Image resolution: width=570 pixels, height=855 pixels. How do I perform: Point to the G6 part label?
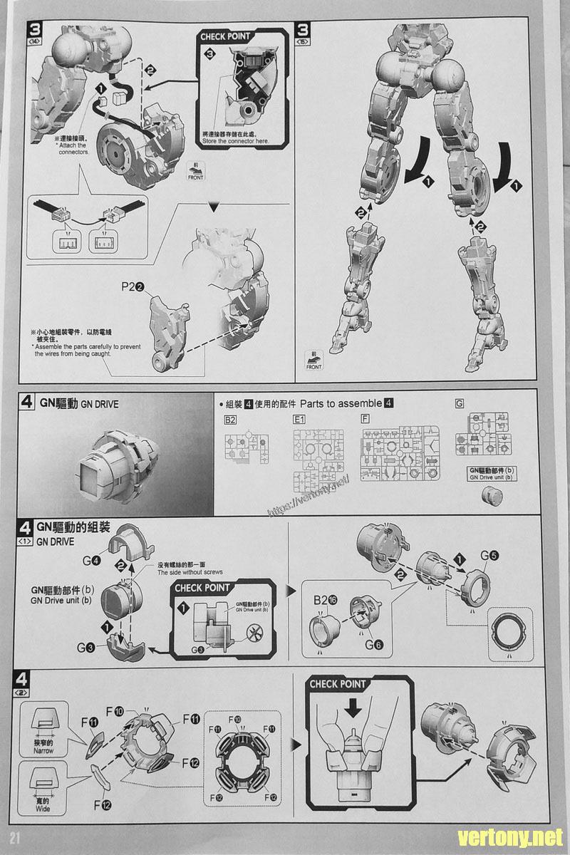[x=373, y=645]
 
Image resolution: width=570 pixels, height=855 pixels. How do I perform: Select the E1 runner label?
[x=299, y=420]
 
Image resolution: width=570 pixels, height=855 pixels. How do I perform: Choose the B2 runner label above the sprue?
[x=230, y=420]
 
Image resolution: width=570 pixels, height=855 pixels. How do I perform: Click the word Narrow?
[x=43, y=750]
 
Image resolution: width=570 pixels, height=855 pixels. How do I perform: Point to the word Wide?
[x=43, y=808]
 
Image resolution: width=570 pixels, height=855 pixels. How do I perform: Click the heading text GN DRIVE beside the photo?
[x=100, y=404]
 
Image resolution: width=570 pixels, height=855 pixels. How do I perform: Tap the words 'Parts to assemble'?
[x=341, y=403]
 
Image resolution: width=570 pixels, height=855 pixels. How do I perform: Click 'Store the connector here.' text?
[x=236, y=140]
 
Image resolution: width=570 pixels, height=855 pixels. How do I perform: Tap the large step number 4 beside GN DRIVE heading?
[x=26, y=403]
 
